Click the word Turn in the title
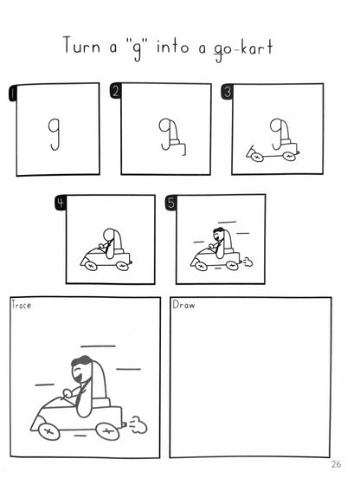[81, 46]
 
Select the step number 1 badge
[12, 93]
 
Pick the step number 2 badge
[115, 91]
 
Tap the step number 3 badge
[227, 92]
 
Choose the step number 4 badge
[61, 203]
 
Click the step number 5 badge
[170, 203]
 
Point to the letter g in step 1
[55, 134]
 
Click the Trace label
[21, 305]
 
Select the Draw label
[183, 305]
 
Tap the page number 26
[336, 464]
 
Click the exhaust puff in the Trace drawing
[138, 424]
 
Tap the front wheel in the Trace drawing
[48, 431]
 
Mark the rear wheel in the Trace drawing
[107, 431]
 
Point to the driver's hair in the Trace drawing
[81, 361]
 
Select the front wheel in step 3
[257, 157]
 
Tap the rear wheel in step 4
[122, 266]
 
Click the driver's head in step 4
[108, 236]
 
